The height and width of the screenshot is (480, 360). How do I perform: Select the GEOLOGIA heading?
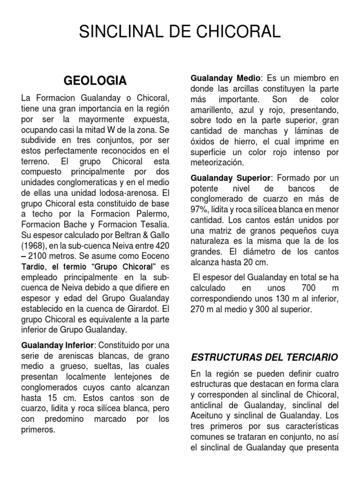point(95,81)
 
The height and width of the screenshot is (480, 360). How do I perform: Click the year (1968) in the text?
point(34,246)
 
